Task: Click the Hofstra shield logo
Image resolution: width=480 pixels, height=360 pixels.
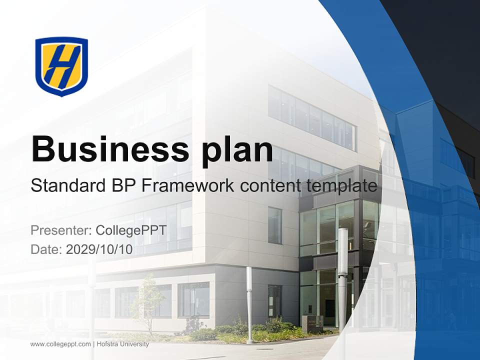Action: click(61, 66)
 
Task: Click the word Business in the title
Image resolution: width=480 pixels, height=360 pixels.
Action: click(110, 149)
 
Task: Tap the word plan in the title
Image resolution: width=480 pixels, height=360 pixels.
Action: click(237, 152)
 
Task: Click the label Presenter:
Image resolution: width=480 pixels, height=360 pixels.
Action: click(61, 230)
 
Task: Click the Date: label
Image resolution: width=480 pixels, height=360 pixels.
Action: click(46, 249)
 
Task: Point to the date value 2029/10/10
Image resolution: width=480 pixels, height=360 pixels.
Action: click(99, 249)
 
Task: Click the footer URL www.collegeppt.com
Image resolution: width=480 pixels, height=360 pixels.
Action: click(60, 344)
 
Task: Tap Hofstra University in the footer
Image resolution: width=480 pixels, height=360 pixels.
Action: click(123, 344)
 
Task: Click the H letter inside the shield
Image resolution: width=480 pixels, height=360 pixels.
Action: click(63, 66)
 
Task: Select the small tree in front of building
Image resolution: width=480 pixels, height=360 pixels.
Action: click(148, 303)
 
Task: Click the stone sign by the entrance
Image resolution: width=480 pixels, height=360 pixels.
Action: click(312, 323)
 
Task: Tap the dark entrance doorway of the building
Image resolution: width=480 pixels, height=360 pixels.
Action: click(329, 308)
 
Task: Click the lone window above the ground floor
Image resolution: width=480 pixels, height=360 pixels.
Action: click(275, 225)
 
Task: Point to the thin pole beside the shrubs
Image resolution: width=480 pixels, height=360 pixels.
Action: click(250, 304)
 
